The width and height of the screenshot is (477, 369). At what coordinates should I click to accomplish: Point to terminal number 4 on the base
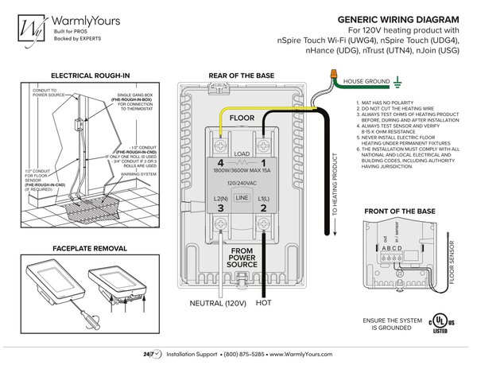[221, 142]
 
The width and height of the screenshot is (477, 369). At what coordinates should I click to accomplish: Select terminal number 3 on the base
[221, 208]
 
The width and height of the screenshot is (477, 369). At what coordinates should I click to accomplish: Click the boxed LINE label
[241, 196]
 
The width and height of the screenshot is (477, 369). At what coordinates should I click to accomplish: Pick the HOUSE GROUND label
[366, 81]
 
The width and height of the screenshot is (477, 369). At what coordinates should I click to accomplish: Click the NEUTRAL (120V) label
[216, 303]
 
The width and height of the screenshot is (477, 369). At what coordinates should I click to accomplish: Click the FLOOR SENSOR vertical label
[452, 262]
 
